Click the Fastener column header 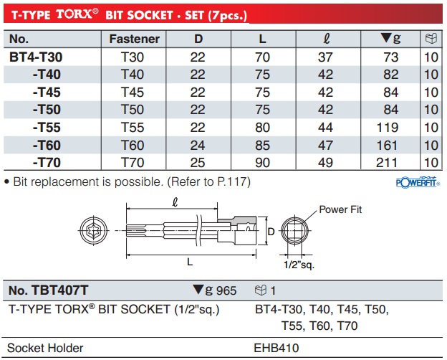(x=133, y=39)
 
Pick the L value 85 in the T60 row (x=262, y=145)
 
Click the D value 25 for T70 (x=197, y=163)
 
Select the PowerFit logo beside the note (x=417, y=181)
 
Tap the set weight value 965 (x=224, y=290)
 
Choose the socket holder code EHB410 (x=277, y=349)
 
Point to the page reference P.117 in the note (x=233, y=182)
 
